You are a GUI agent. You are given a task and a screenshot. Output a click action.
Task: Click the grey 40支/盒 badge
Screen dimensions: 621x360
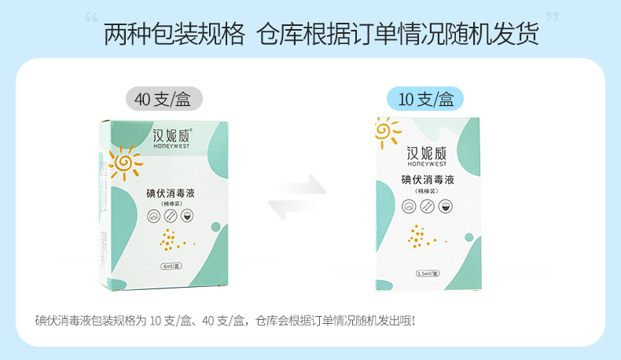pos(163,99)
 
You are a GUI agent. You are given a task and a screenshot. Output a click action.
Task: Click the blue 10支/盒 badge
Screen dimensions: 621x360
pos(426,99)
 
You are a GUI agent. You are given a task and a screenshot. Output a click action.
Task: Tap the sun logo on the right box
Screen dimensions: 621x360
pos(386,131)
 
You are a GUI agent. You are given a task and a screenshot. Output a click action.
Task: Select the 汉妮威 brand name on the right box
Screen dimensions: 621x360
pos(427,153)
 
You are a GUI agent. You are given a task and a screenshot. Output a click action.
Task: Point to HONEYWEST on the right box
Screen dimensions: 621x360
pos(427,165)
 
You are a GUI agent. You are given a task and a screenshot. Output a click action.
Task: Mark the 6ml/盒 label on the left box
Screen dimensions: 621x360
pos(171,266)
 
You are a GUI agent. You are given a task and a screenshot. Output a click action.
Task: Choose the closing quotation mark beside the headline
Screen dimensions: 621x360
pos(551,19)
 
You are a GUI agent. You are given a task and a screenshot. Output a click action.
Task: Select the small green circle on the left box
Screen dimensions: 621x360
pos(215,226)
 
